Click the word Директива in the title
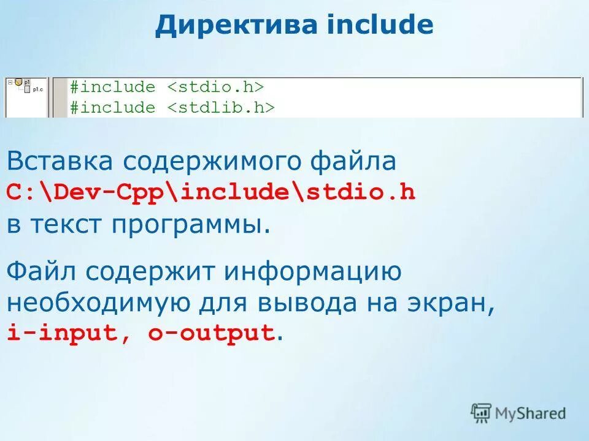[236, 26]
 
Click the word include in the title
[380, 26]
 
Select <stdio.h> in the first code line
[215, 87]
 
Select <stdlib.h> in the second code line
[221, 108]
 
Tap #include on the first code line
[112, 87]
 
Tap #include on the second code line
[112, 108]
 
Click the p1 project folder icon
[19, 81]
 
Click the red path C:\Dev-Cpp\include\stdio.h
[211, 192]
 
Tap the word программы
[190, 225]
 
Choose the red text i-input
[62, 333]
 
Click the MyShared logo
[518, 413]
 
